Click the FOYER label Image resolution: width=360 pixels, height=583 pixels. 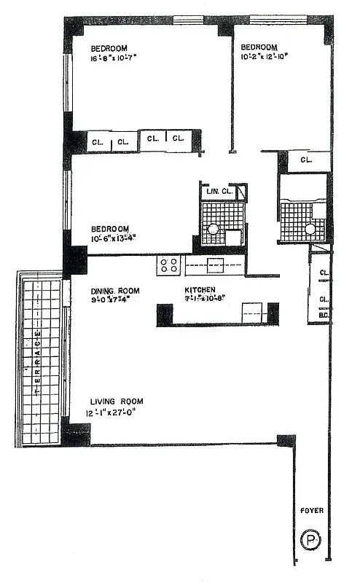pyautogui.click(x=311, y=511)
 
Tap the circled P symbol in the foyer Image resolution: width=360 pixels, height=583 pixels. pyautogui.click(x=310, y=541)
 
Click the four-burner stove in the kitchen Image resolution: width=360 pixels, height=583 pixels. pyautogui.click(x=169, y=265)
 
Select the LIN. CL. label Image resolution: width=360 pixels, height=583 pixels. pyautogui.click(x=219, y=192)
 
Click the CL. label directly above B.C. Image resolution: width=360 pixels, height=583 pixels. pyautogui.click(x=324, y=299)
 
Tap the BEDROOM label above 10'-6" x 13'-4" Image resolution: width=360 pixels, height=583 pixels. pyautogui.click(x=110, y=227)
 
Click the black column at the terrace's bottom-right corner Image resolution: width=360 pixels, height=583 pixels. pyautogui.click(x=76, y=434)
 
